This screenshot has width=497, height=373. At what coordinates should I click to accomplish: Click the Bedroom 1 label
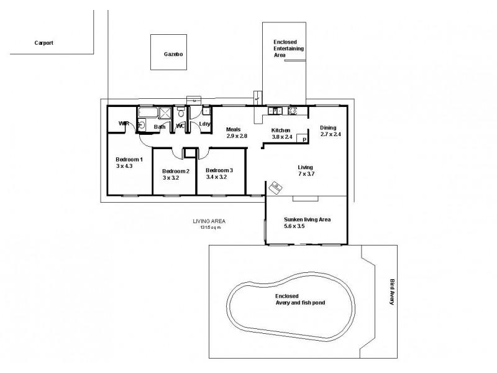point(129,160)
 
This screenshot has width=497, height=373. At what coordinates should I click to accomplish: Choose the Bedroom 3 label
point(219,170)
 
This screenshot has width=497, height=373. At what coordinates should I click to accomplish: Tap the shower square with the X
point(165,113)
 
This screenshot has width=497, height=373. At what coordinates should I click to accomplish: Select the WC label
point(180,126)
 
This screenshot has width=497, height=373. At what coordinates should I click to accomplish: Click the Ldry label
point(204,124)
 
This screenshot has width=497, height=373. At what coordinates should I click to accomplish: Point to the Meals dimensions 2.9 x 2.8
point(237,136)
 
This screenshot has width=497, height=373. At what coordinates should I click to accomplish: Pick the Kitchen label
point(281,130)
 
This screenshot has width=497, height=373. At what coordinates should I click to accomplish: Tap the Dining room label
point(328,127)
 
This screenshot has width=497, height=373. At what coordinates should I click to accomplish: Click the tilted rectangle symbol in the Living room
point(276,186)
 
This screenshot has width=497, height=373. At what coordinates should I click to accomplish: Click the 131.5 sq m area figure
point(209,227)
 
